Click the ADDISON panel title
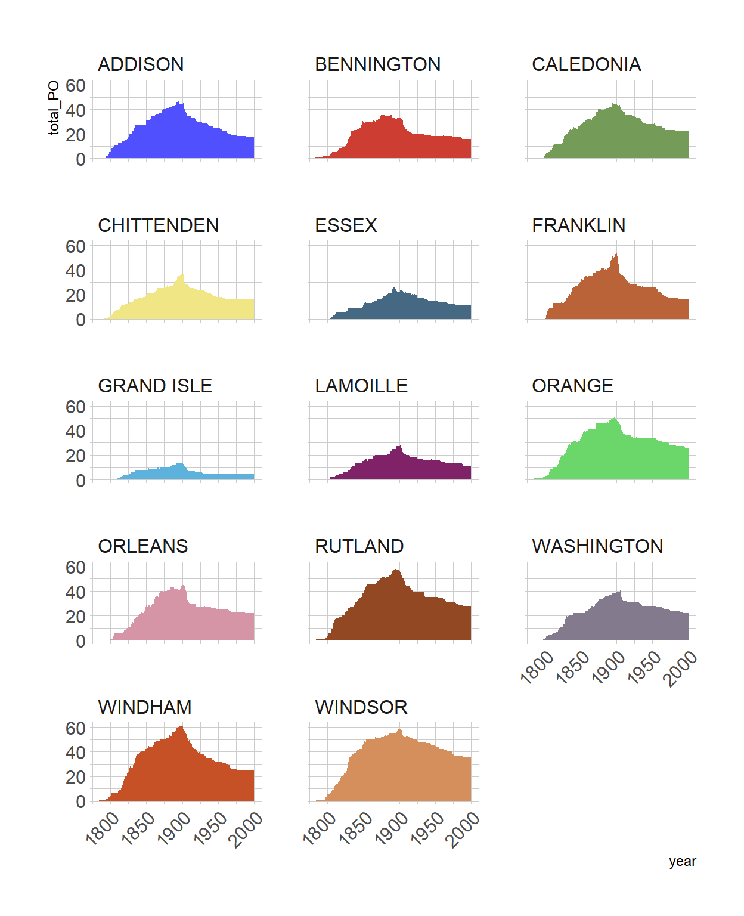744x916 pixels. tap(141, 64)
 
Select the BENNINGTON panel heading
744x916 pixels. tap(377, 64)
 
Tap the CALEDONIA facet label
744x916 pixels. tap(586, 64)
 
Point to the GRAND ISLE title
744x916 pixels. tap(155, 386)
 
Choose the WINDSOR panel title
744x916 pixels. tap(361, 707)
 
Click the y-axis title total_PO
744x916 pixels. tap(54, 108)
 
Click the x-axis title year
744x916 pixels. tap(682, 861)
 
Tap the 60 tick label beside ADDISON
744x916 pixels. tap(76, 85)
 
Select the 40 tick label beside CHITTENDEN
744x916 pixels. tap(76, 271)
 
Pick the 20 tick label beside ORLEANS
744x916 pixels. tap(76, 617)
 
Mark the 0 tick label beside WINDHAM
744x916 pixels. tap(80, 801)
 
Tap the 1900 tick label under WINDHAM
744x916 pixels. tap(174, 828)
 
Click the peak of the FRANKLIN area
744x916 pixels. tap(616, 255)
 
